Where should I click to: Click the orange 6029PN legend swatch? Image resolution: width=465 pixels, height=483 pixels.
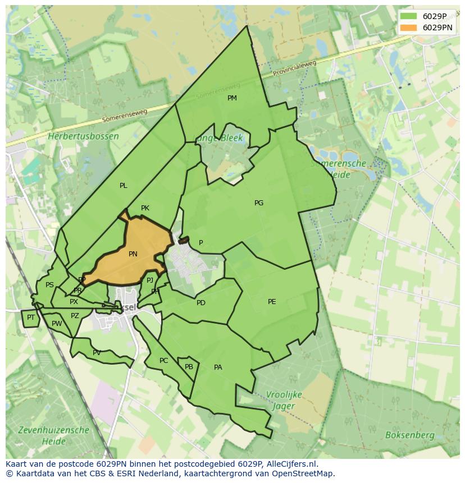[408, 27]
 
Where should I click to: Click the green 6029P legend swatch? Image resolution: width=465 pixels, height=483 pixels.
[408, 16]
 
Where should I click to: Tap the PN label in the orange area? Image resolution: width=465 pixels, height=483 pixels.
[133, 254]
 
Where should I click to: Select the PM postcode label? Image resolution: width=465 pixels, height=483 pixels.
[232, 98]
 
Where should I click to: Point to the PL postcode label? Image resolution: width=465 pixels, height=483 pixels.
[124, 186]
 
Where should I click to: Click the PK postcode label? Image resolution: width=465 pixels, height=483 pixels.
[145, 208]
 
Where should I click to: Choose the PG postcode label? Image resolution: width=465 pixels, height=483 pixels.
[259, 203]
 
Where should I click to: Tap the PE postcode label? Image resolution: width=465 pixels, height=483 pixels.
[272, 302]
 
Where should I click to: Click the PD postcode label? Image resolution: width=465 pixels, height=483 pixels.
[201, 303]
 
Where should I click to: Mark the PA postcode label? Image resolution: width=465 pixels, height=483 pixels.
[218, 367]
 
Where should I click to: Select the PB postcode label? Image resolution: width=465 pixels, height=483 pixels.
[189, 367]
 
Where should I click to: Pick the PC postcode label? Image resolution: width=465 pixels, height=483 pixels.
[163, 361]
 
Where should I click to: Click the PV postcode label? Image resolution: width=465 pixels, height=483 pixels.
[97, 353]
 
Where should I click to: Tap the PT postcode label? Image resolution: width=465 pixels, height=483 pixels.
[31, 318]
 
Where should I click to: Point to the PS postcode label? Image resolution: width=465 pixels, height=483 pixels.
[49, 285]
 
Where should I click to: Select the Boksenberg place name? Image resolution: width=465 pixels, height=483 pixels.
[409, 435]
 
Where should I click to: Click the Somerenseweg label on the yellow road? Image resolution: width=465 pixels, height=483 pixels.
[125, 116]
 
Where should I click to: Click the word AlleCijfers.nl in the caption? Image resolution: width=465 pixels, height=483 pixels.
[291, 464]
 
